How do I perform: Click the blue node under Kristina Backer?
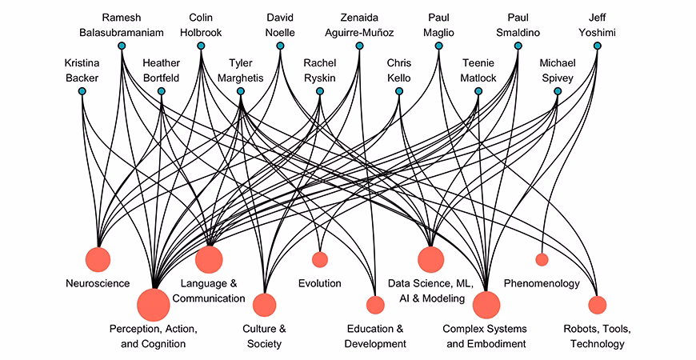(x=82, y=91)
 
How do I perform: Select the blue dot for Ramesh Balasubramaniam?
(x=122, y=46)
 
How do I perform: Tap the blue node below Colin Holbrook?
(x=201, y=46)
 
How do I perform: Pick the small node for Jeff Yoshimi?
(x=597, y=46)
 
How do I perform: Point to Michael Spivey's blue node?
(x=557, y=91)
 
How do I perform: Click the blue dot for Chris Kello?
(x=398, y=91)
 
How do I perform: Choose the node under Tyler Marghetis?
(x=240, y=91)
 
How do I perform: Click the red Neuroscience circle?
(x=98, y=258)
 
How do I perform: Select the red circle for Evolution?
(x=320, y=258)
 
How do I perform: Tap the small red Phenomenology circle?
(x=542, y=258)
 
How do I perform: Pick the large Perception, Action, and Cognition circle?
(x=153, y=305)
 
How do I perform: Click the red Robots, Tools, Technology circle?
(x=597, y=305)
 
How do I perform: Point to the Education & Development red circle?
(x=375, y=305)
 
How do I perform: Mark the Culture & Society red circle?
(x=264, y=305)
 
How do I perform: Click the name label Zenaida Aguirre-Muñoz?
(x=359, y=24)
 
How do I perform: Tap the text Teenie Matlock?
(x=479, y=70)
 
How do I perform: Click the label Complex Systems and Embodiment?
(x=486, y=336)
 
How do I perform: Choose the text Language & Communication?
(x=212, y=290)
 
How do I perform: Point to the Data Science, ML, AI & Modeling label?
(x=431, y=290)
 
